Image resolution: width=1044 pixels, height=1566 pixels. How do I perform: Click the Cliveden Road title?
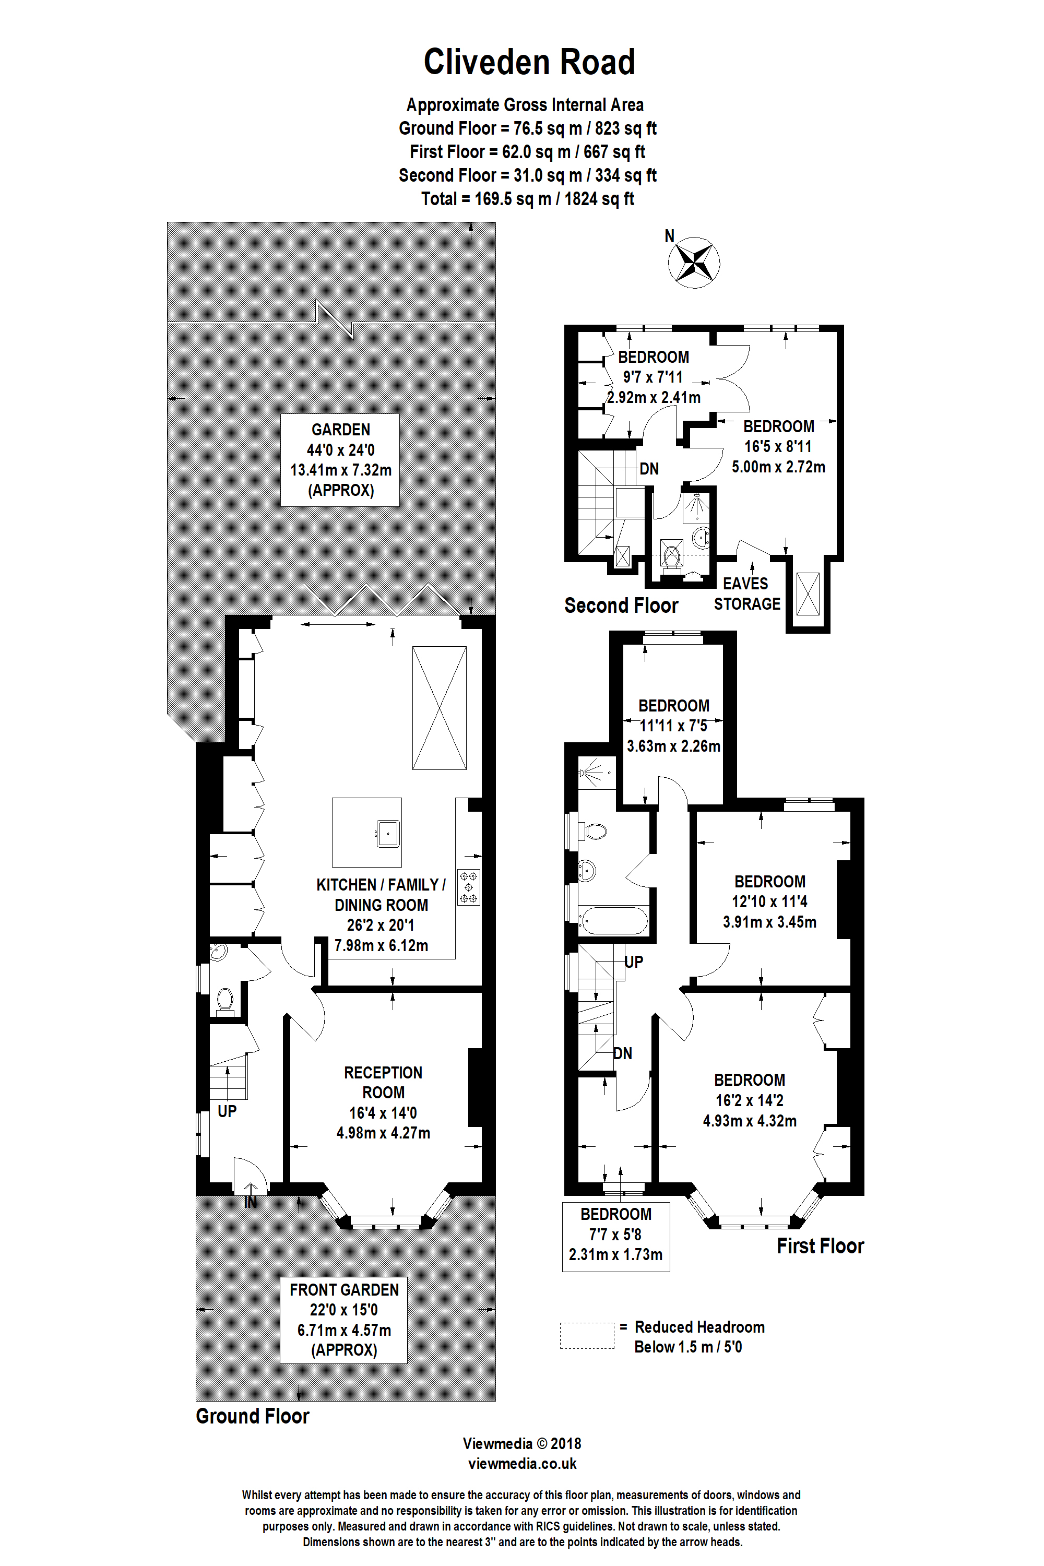pyautogui.click(x=529, y=62)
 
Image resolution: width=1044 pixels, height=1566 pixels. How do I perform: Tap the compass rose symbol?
pyautogui.click(x=694, y=263)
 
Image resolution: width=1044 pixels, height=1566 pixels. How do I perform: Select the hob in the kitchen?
pyautogui.click(x=469, y=887)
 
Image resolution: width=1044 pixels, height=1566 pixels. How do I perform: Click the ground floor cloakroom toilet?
pyautogui.click(x=225, y=1001)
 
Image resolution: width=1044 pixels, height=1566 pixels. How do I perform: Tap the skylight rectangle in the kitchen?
pyautogui.click(x=439, y=708)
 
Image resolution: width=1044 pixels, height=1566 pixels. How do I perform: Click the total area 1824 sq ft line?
pyautogui.click(x=527, y=198)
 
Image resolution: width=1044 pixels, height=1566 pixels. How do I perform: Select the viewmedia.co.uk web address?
pyautogui.click(x=522, y=1464)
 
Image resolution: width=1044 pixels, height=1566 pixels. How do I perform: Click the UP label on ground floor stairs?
pyautogui.click(x=227, y=1111)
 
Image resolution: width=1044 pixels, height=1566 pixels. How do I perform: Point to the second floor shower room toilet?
pyautogui.click(x=671, y=554)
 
